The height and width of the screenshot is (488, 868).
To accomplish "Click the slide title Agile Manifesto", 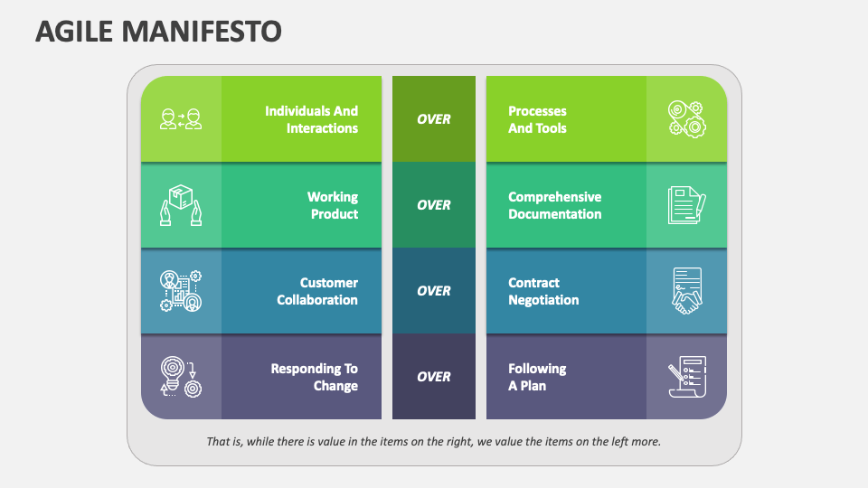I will click(158, 32).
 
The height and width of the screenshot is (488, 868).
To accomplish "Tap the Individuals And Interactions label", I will click(311, 119).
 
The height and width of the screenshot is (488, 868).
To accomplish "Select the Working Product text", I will click(333, 205).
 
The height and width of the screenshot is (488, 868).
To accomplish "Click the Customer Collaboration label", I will click(317, 291).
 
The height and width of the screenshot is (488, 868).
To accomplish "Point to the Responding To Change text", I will click(314, 377).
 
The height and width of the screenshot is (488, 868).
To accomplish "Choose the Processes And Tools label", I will click(537, 119).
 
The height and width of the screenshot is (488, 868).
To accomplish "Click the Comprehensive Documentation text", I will click(554, 205).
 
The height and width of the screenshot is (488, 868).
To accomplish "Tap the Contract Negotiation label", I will click(543, 291).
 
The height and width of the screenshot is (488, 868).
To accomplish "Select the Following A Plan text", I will click(537, 377).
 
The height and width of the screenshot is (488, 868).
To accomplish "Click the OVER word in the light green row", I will click(434, 119).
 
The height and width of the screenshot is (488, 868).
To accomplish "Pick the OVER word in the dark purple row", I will click(434, 377).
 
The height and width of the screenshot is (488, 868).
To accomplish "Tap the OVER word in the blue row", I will click(434, 291).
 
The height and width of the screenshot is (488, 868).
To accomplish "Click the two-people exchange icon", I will click(181, 119).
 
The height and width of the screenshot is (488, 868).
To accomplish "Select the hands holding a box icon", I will click(181, 205).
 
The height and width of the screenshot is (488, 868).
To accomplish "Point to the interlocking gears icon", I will click(686, 119).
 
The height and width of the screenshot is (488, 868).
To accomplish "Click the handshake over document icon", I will click(686, 291).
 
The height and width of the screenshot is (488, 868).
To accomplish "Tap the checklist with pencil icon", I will click(686, 377).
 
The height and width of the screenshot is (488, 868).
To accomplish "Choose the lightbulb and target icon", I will click(181, 377).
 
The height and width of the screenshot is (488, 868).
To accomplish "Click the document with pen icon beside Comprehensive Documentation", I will click(686, 205).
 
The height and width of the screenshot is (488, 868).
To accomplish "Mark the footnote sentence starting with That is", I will click(434, 442).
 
